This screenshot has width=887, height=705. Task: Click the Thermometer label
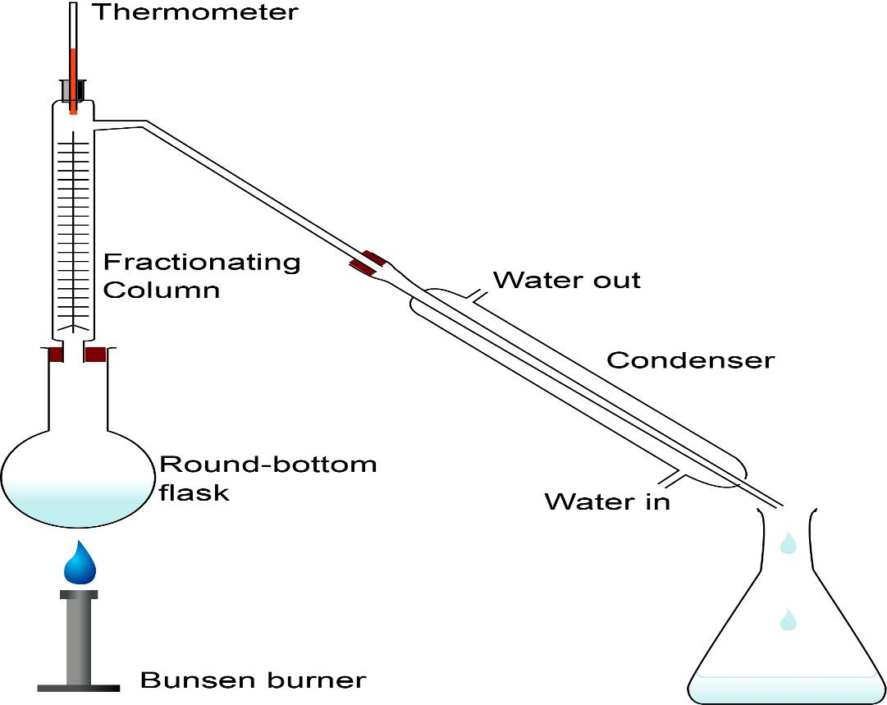(x=194, y=12)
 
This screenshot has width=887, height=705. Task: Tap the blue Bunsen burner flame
(x=80, y=562)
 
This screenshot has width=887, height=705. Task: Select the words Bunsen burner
(x=253, y=680)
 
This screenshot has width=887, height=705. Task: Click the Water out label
(x=566, y=280)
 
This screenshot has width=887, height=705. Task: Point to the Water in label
(x=607, y=501)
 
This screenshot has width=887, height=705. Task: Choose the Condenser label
(x=690, y=360)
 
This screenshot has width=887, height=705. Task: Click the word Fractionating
(x=202, y=263)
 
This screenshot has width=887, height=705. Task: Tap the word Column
(x=162, y=291)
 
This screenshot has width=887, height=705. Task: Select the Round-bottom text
(x=267, y=465)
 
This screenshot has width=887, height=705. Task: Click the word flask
(x=194, y=492)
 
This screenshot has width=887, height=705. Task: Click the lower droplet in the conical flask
(x=788, y=619)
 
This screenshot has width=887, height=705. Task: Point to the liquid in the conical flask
(x=784, y=688)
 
